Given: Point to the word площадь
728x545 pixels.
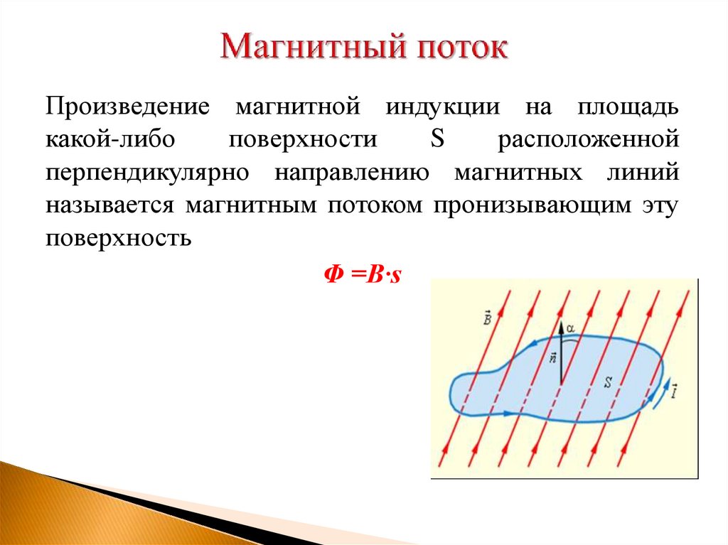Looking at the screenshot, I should (x=627, y=108).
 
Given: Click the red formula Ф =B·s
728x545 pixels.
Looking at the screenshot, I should (x=363, y=274).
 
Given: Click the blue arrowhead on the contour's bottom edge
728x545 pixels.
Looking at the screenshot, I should (x=506, y=412).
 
